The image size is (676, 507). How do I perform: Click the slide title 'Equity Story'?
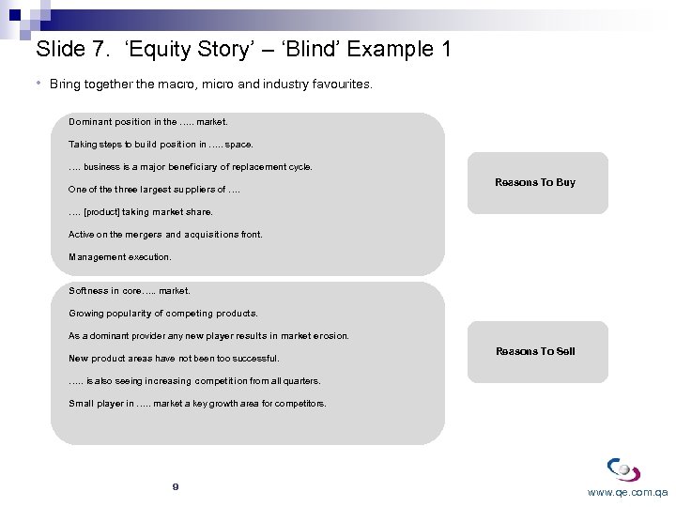tap(242, 49)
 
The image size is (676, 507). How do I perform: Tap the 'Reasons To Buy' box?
tap(535, 182)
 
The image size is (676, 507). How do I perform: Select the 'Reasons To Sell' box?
tap(535, 351)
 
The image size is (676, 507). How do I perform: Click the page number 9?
tap(176, 486)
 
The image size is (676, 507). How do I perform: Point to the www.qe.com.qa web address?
tap(627, 492)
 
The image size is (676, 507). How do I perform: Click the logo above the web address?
tap(623, 469)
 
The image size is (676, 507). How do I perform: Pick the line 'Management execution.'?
tap(120, 256)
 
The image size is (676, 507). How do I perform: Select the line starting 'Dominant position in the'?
tap(148, 122)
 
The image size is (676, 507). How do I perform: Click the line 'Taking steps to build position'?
tap(161, 145)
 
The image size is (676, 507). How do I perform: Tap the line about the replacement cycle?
tap(191, 167)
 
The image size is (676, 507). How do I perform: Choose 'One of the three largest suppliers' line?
tap(155, 190)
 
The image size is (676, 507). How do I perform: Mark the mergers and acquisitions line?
tap(165, 234)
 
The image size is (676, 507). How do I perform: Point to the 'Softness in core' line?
tap(130, 291)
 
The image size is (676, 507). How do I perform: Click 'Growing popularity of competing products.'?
tap(162, 314)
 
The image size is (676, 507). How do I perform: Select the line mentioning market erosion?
tap(208, 336)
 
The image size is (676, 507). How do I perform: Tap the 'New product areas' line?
tap(174, 359)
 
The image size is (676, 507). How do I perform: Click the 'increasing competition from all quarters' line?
tap(194, 381)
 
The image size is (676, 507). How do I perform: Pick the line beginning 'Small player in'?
tap(197, 404)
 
